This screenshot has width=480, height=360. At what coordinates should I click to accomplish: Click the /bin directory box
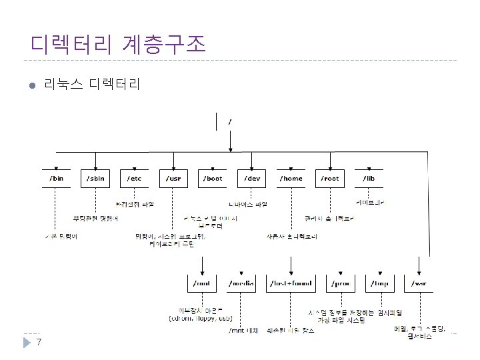coord(57,178)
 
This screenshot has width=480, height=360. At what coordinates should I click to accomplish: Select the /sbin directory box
coord(95,178)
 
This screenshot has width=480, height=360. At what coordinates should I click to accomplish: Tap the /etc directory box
coord(135,178)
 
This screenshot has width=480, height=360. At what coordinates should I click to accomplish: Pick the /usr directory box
coord(173,178)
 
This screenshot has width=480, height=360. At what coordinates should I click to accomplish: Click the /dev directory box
coord(252,178)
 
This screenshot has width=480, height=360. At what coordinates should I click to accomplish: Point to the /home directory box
coord(291,178)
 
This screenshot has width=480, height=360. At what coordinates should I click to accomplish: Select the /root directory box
coord(330,178)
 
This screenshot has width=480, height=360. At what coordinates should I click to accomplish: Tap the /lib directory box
coord(368,178)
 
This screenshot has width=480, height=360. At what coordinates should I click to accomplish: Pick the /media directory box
coord(241,283)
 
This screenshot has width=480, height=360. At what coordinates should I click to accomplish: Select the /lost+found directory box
coord(289,283)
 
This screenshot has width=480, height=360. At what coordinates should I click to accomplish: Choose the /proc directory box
coord(342,283)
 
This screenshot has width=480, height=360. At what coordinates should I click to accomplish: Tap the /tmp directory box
coord(381,283)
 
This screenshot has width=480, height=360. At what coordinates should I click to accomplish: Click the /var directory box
coord(419,283)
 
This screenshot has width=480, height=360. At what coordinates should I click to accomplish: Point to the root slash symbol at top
coord(230,122)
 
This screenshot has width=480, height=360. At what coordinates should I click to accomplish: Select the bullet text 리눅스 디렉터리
coord(91,85)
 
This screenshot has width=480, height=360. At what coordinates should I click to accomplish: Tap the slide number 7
coord(39,343)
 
